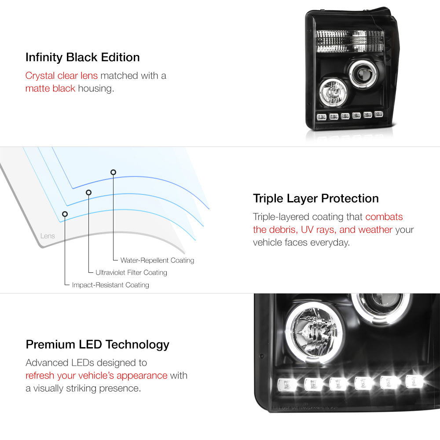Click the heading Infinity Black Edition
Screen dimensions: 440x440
[x=83, y=57]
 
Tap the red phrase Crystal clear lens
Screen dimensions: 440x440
[x=62, y=76]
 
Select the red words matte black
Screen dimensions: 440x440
[x=50, y=88]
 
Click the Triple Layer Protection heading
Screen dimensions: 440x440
[x=315, y=198]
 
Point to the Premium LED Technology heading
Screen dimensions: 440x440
[x=97, y=345]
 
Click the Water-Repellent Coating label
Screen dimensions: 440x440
[x=157, y=260]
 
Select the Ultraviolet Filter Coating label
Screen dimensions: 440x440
[x=131, y=272]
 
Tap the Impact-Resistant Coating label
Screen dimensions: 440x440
[x=110, y=285]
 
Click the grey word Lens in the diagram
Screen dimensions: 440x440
[x=48, y=236]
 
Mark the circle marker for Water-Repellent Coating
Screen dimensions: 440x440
[x=113, y=172]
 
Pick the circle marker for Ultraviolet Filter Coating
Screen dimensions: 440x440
[x=89, y=193]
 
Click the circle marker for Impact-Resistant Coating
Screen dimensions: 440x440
[x=65, y=214]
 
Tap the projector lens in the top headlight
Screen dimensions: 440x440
[x=363, y=73]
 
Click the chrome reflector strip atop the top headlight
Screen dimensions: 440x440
[x=350, y=41]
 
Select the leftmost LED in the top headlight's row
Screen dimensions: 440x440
[x=322, y=117]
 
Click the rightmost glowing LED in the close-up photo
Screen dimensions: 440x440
[x=415, y=381]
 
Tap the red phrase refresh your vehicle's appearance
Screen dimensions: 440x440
[x=96, y=375]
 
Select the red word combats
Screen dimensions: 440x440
[x=384, y=216]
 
